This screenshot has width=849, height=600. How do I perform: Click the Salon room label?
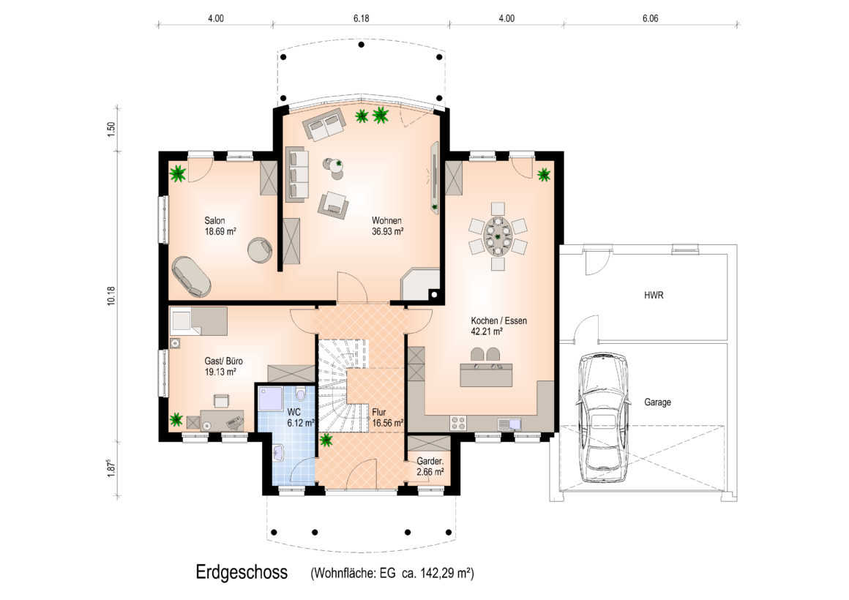[214, 220]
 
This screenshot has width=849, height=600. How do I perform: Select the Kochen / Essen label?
[498, 320]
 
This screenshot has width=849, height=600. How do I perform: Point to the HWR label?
[654, 295]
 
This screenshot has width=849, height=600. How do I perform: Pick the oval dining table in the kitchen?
[498, 236]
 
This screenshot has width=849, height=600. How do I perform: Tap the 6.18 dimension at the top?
[361, 18]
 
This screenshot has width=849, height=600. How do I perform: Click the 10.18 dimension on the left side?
[111, 296]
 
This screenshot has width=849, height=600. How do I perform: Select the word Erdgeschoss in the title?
[242, 572]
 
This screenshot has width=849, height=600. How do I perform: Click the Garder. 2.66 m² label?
[430, 467]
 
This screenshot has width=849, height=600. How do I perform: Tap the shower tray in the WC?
[269, 399]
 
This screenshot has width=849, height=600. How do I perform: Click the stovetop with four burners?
[458, 423]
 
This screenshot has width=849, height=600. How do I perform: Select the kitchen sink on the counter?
[509, 424]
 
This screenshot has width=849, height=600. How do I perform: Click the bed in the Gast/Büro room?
[198, 321]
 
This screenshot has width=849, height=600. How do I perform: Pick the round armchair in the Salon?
[260, 250]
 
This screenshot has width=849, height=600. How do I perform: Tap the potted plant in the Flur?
[326, 440]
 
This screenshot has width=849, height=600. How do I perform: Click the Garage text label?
[657, 402]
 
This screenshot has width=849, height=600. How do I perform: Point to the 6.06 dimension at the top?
[650, 18]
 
